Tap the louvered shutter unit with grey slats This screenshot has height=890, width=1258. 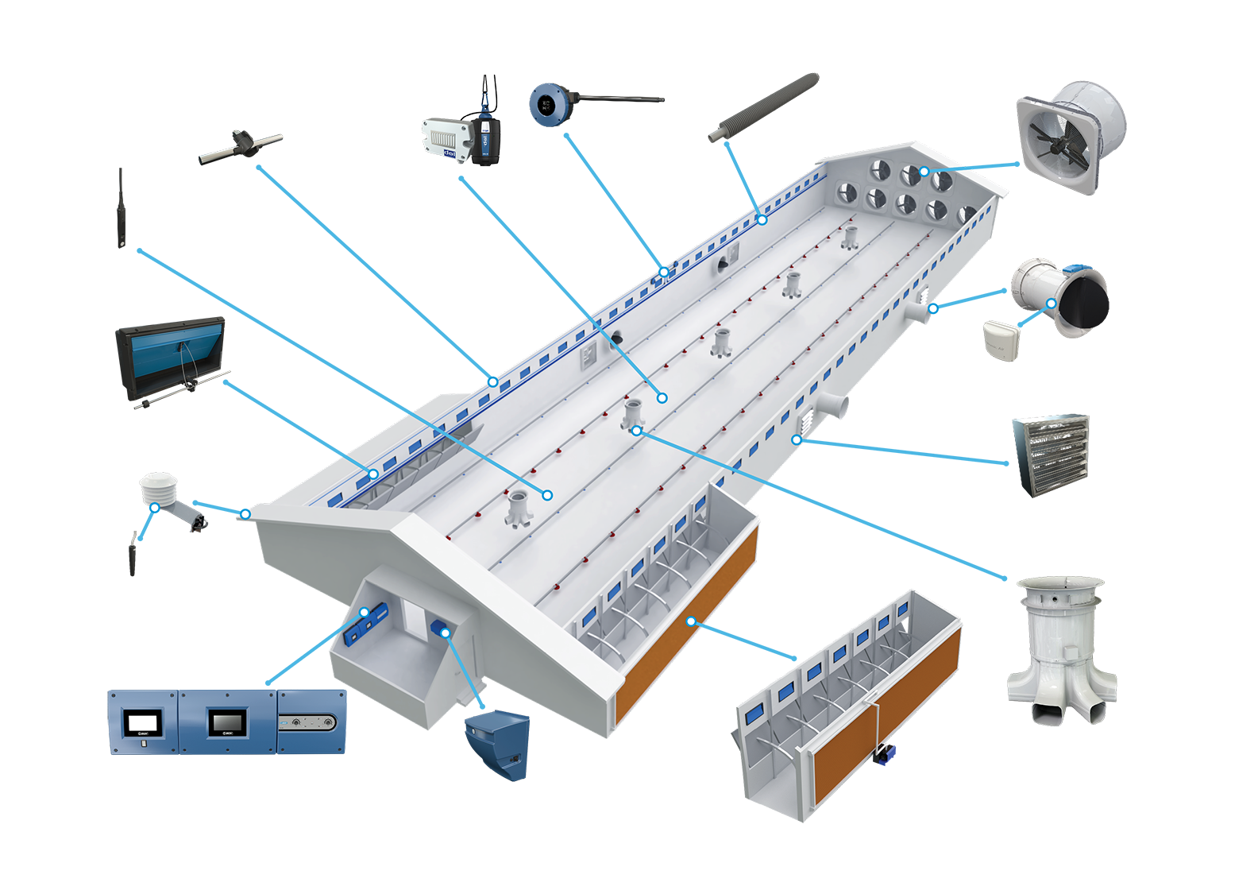[x=1050, y=455]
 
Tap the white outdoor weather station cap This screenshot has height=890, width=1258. [x=158, y=486]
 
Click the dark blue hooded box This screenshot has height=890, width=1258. [x=498, y=745]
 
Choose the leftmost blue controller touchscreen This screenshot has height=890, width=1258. [x=143, y=722]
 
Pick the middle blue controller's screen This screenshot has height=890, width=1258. [x=227, y=722]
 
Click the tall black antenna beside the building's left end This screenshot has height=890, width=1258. [x=122, y=208]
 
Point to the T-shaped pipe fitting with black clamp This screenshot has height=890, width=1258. [x=241, y=146]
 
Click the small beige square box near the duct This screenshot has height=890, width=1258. [x=1001, y=340]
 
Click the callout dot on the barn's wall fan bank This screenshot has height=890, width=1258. [x=924, y=172]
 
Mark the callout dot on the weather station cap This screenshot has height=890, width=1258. [x=155, y=507]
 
